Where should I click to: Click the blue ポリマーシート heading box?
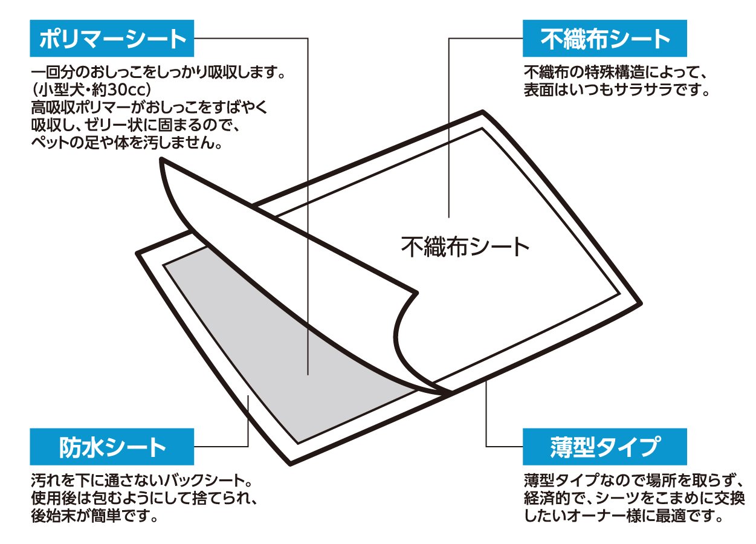tap(112, 40)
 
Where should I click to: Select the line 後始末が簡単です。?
tap(95, 517)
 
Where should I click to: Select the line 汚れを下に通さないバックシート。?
tap(141, 482)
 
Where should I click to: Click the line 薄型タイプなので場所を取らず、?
tap(633, 482)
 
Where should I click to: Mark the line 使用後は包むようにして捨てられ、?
tap(145, 499)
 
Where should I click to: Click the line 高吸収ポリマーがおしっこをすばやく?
tap(149, 109)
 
